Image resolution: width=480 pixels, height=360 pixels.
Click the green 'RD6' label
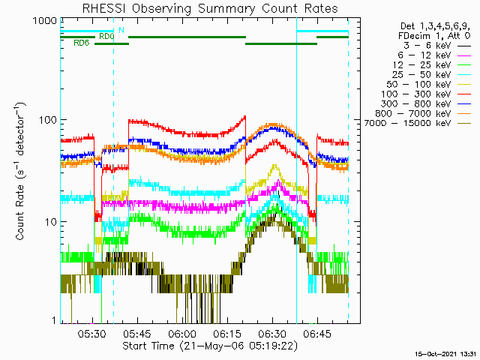(82, 43)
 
